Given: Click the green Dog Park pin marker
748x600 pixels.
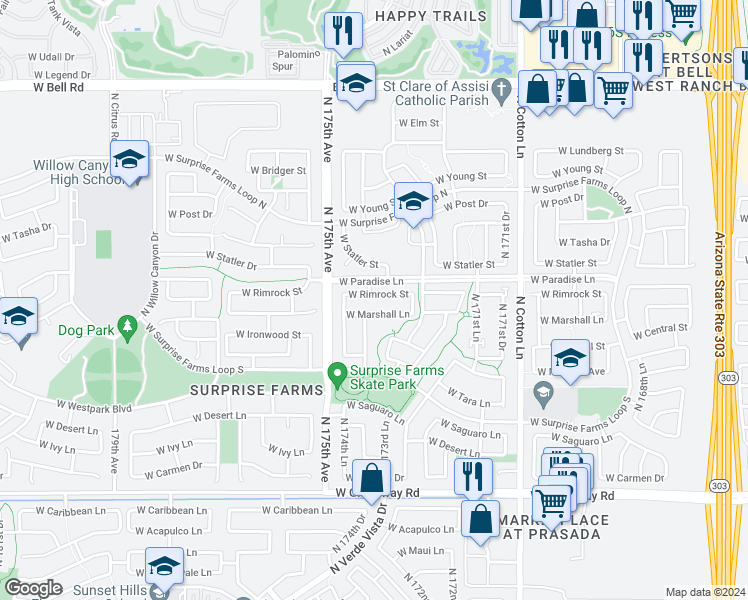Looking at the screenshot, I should click(126, 326).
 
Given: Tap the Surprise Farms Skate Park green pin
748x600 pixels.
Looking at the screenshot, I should click(338, 376).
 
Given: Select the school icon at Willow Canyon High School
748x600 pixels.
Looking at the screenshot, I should click(129, 160).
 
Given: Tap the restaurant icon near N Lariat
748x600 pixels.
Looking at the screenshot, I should click(343, 30).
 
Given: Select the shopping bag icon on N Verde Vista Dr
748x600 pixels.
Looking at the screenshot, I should click(371, 479).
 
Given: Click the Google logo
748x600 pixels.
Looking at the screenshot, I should click(33, 588).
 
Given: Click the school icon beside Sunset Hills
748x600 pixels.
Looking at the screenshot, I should click(163, 566).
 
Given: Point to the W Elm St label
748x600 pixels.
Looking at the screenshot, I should click(419, 123).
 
